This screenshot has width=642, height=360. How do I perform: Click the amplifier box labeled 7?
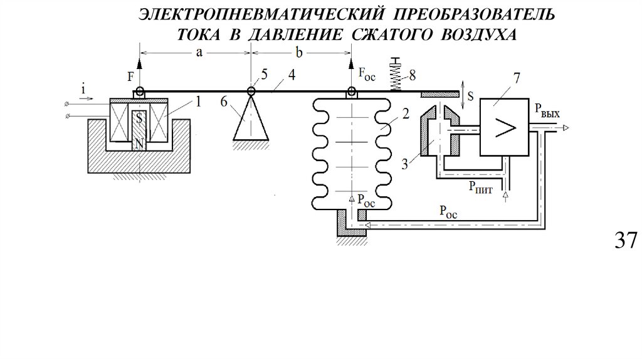(505, 129)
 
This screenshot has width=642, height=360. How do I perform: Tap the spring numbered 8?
(395, 79)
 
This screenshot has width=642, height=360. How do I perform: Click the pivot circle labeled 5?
(250, 92)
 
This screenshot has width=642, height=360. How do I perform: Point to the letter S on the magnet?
(139, 117)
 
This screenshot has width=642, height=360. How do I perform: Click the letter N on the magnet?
(139, 144)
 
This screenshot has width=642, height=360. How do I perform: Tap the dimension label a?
(198, 53)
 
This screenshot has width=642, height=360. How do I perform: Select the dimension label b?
(300, 53)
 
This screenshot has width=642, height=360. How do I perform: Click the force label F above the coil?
(130, 78)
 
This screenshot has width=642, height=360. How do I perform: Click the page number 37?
(623, 240)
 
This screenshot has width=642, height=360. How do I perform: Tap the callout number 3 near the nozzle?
(404, 165)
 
